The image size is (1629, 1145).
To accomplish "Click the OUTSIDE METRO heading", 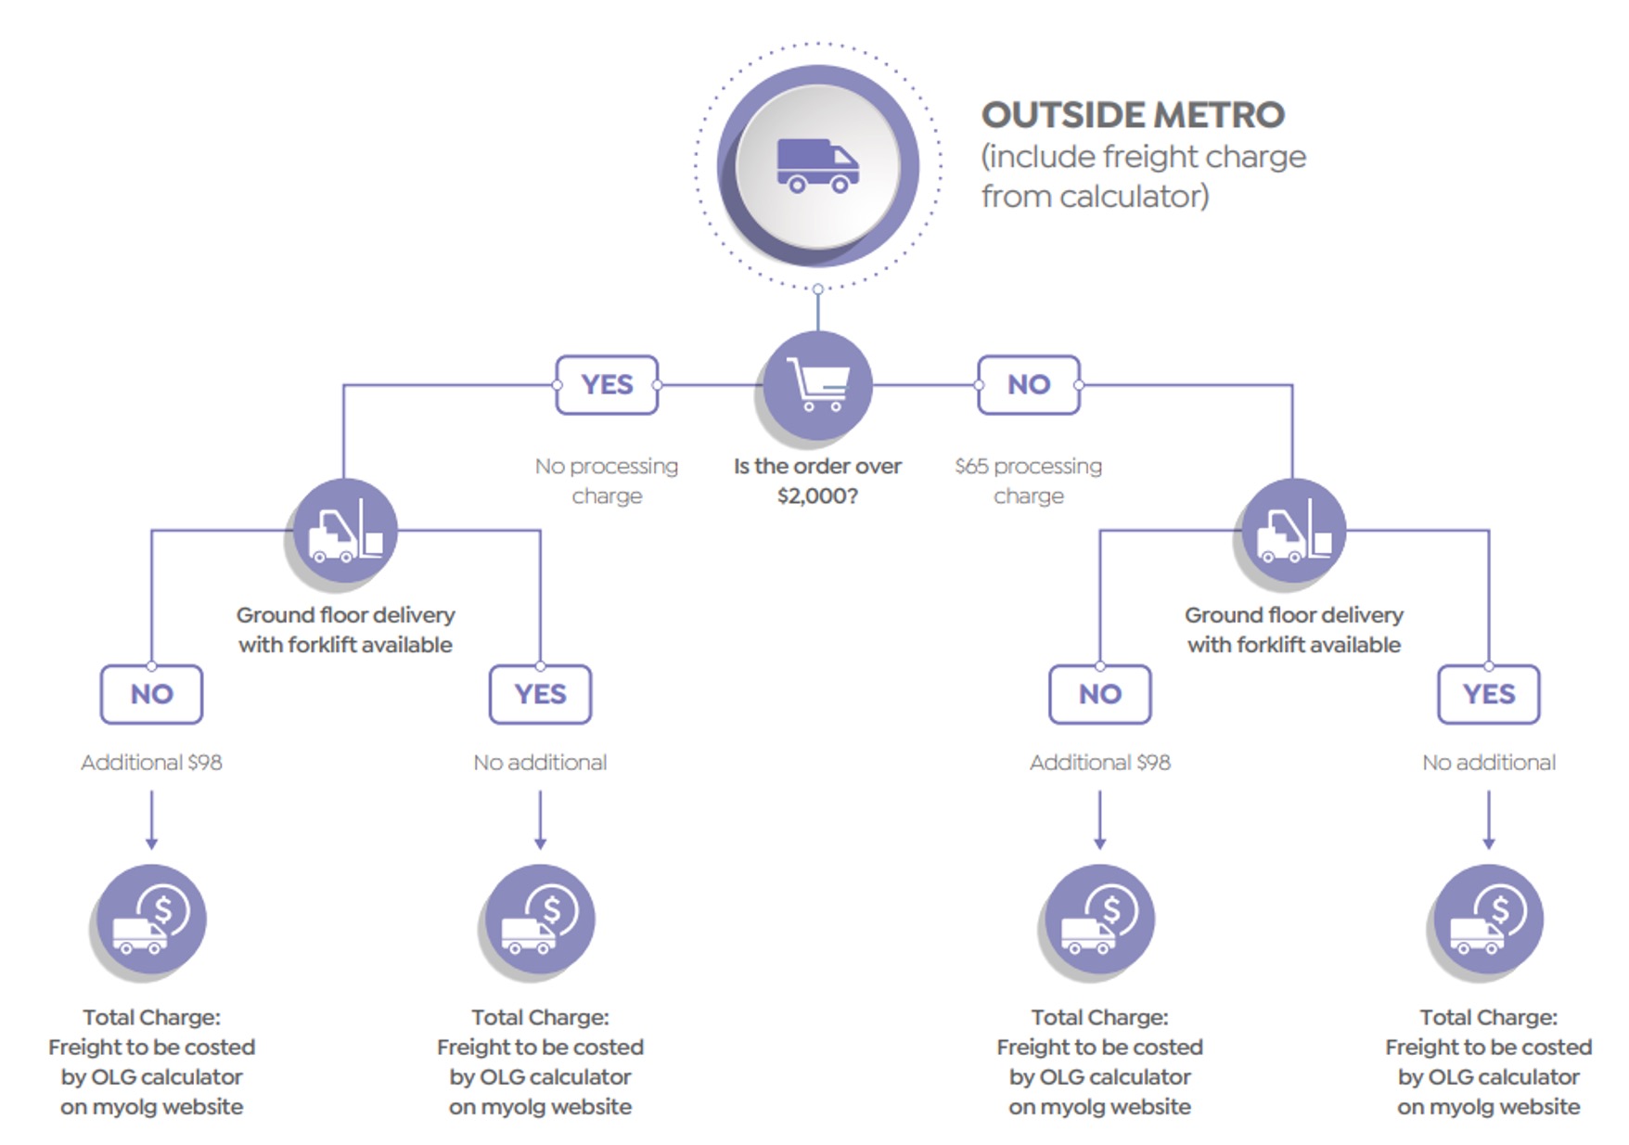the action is coord(1133,115).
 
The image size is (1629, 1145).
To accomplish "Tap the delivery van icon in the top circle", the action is coord(817,166).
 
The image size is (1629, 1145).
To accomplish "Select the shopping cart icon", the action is coord(817,384).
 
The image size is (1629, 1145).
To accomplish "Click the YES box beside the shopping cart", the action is coord(607,384).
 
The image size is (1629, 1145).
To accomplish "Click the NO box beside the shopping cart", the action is coord(1028,384).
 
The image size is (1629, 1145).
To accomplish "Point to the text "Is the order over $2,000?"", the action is coord(817,481).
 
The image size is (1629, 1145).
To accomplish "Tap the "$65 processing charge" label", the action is coord(1028,481).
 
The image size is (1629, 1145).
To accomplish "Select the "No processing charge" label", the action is coord(607,481).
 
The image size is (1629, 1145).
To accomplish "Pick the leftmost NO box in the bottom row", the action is coord(151,694).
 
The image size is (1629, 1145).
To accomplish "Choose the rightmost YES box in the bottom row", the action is coord(1489,694).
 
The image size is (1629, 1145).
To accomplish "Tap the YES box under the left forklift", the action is coord(540,694).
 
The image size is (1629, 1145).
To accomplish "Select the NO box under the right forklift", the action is coord(1100,694).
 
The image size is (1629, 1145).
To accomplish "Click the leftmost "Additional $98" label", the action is coord(151,763).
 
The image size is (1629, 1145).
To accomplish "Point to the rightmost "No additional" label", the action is coord(1489,763).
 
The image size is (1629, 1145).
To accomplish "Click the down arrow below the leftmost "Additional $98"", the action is coord(151,820).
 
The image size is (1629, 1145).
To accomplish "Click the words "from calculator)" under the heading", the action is coord(1096,197).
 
